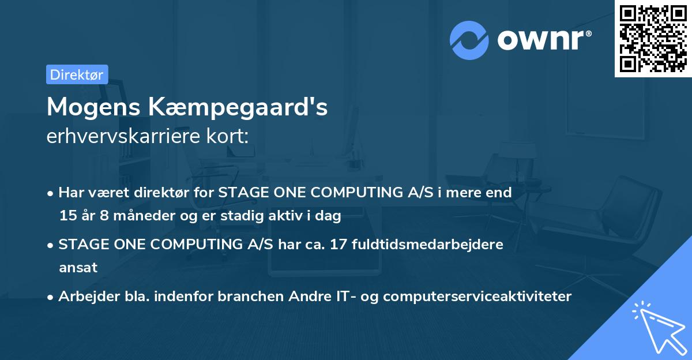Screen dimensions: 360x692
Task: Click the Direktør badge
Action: pyautogui.click(x=77, y=74)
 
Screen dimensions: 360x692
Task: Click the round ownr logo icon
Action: pyautogui.click(x=469, y=40)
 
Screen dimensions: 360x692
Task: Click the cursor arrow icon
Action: pyautogui.click(x=657, y=325)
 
